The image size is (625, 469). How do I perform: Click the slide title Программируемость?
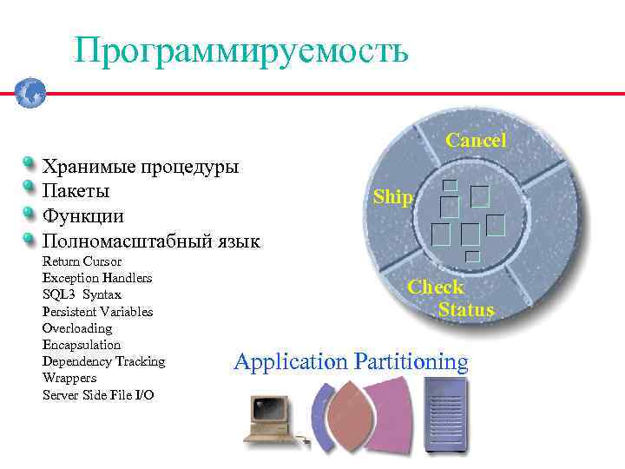(x=240, y=51)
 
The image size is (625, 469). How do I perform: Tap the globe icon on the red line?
(x=30, y=91)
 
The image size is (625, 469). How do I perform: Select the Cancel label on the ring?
(x=476, y=140)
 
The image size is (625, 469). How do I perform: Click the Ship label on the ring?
(x=393, y=197)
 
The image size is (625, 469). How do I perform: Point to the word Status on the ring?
(x=466, y=310)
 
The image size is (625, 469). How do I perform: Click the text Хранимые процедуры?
(x=141, y=165)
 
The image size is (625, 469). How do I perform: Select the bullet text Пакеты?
(x=76, y=190)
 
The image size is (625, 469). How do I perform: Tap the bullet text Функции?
(x=82, y=215)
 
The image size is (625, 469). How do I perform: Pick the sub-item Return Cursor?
(x=82, y=261)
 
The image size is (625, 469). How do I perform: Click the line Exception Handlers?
(x=96, y=278)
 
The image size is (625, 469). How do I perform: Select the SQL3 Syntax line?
(x=82, y=294)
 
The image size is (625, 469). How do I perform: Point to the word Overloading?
(x=77, y=328)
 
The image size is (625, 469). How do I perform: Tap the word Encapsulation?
(x=82, y=345)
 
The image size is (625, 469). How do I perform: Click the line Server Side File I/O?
(x=98, y=395)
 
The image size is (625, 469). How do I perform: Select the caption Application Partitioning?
(x=351, y=362)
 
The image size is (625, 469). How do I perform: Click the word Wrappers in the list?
(x=69, y=379)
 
